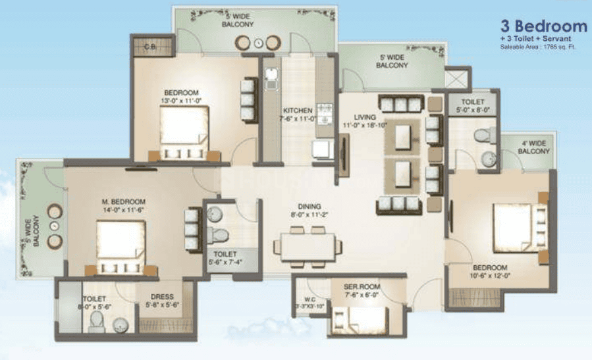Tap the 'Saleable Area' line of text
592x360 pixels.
pyautogui.click(x=538, y=47)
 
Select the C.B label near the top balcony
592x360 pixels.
pyautogui.click(x=149, y=47)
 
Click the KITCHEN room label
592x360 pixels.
pyautogui.click(x=298, y=110)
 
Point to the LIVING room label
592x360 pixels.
pyautogui.click(x=364, y=116)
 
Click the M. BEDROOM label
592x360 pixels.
pyautogui.click(x=123, y=201)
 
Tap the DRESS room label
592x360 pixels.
pyautogui.click(x=162, y=297)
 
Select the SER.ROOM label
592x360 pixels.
pyautogui.click(x=360, y=287)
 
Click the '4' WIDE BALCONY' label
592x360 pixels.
pyautogui.click(x=534, y=147)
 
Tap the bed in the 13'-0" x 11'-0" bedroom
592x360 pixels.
pyautogui.click(x=184, y=132)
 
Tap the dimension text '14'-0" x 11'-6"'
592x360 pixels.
pyautogui.click(x=123, y=211)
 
